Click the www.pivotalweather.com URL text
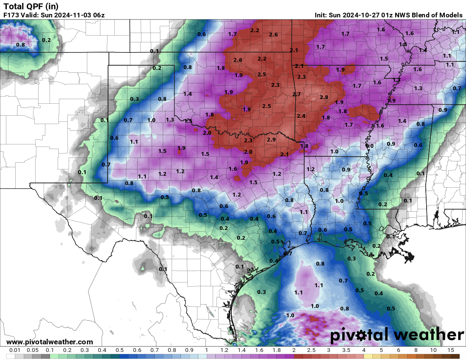click(50, 342)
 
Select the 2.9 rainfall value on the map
click(272, 139)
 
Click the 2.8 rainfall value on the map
click(324, 97)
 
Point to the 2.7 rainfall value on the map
click(297, 94)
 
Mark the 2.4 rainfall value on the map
click(301, 116)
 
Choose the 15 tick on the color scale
click(451, 350)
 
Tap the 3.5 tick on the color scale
click(346, 350)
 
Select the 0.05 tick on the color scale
click(32, 350)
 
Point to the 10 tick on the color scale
click(433, 350)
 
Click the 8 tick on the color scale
click(416, 350)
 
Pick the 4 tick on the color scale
click(363, 350)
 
